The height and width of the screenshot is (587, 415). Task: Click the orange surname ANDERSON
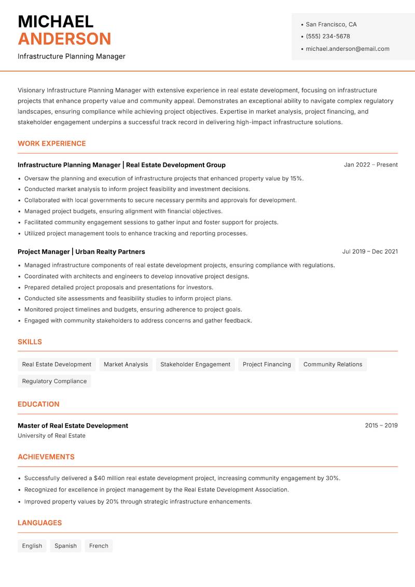click(x=64, y=39)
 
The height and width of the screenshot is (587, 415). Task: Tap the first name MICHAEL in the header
click(x=56, y=21)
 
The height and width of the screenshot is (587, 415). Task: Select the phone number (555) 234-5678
click(x=327, y=36)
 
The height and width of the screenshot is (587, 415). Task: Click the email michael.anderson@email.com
click(x=347, y=49)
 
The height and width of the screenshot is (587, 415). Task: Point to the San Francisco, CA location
click(x=331, y=24)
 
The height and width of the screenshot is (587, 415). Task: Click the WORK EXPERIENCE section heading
click(x=52, y=143)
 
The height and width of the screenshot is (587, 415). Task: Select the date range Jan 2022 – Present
click(x=370, y=165)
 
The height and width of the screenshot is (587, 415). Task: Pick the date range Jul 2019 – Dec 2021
click(x=369, y=251)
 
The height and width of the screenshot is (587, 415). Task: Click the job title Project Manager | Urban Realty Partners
click(x=81, y=251)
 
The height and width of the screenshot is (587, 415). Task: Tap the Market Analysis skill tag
click(x=126, y=364)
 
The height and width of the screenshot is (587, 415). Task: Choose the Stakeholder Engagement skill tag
click(x=195, y=364)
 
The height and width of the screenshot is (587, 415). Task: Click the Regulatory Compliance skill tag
click(x=54, y=381)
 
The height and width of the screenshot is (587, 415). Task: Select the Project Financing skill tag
click(x=267, y=364)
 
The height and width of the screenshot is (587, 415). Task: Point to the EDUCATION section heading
click(x=38, y=404)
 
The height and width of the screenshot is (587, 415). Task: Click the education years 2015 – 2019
click(x=381, y=425)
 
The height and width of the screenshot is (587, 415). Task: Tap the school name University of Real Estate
click(x=51, y=436)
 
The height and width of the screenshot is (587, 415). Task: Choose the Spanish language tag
click(x=65, y=545)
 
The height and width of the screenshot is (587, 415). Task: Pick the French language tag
click(x=99, y=545)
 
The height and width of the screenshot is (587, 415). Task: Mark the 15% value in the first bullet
click(x=296, y=178)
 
